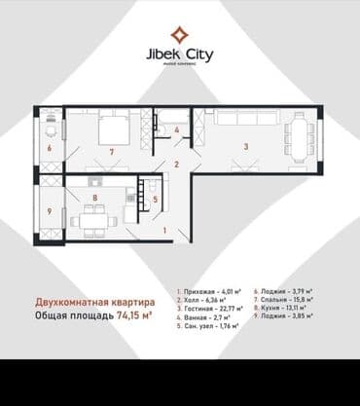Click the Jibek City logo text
[x=180, y=51]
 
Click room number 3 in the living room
[x=246, y=146]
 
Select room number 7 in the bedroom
[x=113, y=152]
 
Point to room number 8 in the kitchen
[x=93, y=199]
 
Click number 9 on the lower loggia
[x=49, y=211]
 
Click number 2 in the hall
[x=176, y=165]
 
